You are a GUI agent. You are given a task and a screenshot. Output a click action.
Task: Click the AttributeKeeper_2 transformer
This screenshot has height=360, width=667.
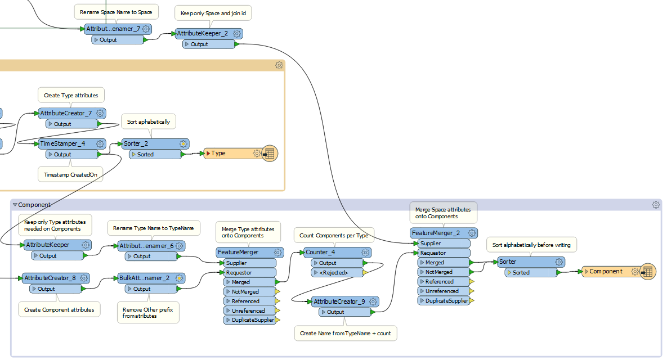coord(203,34)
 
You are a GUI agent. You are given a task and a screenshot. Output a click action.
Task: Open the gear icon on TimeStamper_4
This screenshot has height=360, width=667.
coord(100,144)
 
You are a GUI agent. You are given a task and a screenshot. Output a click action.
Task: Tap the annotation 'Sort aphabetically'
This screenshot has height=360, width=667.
coord(149,121)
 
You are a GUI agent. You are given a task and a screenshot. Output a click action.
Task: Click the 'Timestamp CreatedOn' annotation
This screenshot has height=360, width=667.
coord(71,175)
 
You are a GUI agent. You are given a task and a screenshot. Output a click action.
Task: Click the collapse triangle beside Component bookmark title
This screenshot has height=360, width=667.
coord(15,205)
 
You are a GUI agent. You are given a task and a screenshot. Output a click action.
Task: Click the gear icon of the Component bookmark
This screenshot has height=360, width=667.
coord(656,205)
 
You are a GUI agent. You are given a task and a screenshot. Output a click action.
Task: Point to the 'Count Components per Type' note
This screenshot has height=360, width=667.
coord(334,235)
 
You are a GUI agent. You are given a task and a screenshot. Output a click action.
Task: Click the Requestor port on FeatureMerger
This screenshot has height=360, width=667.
coord(247,272)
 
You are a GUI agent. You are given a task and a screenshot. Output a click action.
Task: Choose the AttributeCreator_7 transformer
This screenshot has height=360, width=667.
coord(66,114)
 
